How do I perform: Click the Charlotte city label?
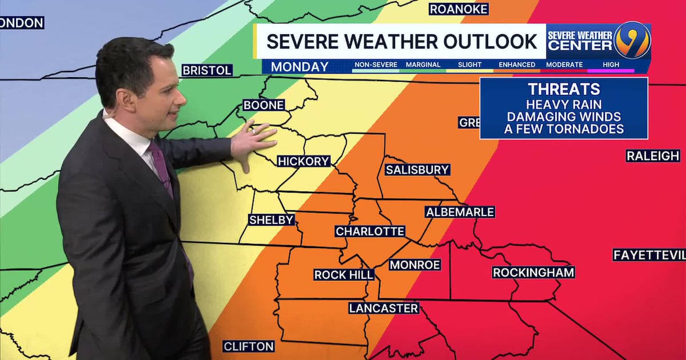[370, 231]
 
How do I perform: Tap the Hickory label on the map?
[304, 162]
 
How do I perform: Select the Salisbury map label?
[417, 170]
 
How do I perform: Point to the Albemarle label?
[460, 212]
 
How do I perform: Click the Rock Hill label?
[344, 275]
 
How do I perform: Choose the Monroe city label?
[415, 265]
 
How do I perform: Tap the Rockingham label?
[533, 273]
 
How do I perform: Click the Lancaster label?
[384, 308]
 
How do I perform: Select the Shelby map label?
[272, 220]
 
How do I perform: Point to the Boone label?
[264, 105]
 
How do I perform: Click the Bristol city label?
[207, 70]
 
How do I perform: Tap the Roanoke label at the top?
[459, 9]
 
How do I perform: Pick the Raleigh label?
[653, 156]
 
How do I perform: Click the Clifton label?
[249, 346]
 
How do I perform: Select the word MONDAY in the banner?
[300, 66]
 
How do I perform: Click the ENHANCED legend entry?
[517, 65]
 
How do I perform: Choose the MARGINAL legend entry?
[423, 65]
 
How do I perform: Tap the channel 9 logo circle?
[632, 40]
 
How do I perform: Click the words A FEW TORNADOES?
[564, 129]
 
